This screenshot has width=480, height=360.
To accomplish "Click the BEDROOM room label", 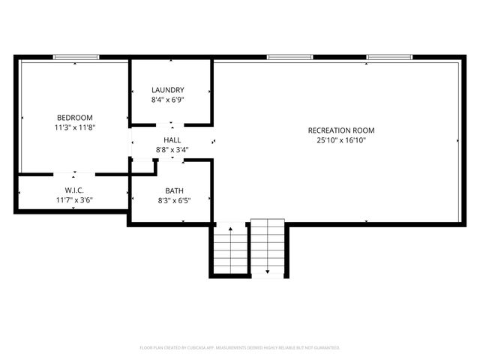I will click(74, 117).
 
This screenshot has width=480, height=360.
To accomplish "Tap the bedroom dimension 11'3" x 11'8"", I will click(74, 127).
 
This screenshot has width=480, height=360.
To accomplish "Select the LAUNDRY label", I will click(167, 90).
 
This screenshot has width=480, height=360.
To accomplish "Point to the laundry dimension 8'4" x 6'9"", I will click(167, 100).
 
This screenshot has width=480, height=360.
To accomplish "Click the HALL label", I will click(172, 140).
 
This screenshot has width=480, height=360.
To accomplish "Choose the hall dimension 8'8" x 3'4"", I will click(172, 150).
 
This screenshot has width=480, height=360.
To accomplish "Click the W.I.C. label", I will click(73, 190).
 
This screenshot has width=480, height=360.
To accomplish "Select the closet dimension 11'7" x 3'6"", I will click(73, 200).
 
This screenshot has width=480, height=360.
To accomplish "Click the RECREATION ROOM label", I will click(340, 130).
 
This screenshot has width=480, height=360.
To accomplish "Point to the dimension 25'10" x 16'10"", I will click(340, 140).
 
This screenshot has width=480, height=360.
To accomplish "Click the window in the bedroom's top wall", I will click(76, 57).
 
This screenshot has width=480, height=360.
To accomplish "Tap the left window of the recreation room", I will click(289, 57).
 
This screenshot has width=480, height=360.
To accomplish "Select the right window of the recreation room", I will click(388, 57).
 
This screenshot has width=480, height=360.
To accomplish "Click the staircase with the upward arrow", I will click(230, 251).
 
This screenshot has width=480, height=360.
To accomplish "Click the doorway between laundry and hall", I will click(172, 124).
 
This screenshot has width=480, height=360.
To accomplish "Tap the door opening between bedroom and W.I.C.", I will click(74, 174).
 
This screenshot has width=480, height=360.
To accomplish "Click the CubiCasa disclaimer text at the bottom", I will click(240, 348).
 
